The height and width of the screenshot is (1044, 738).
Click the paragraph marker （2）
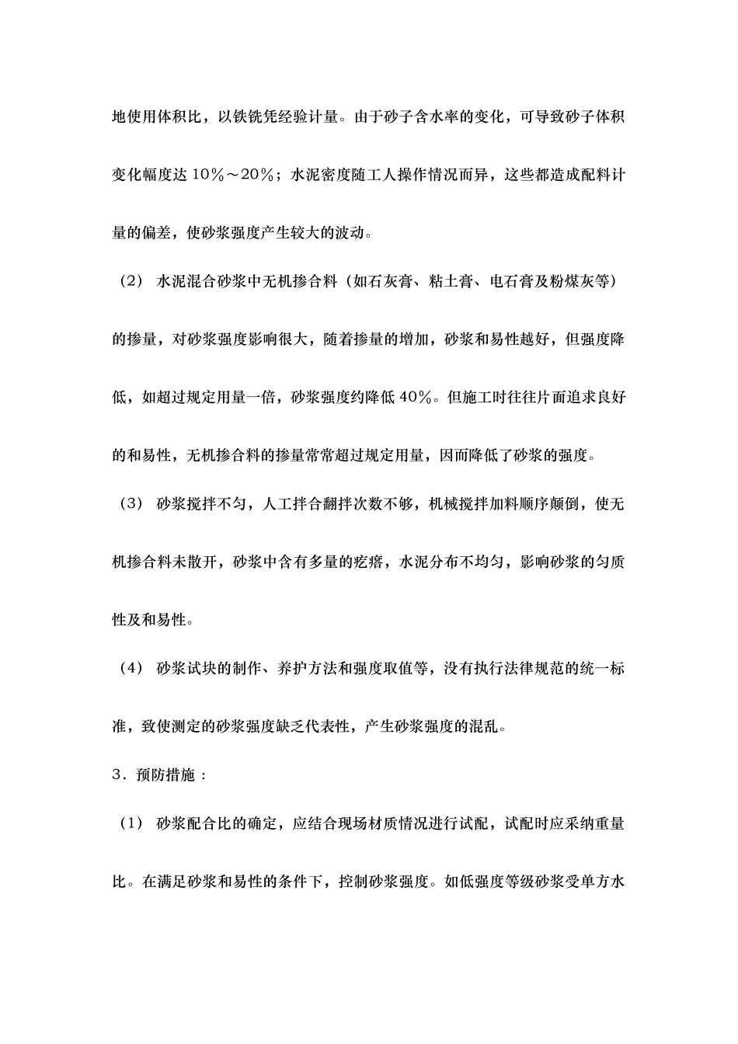[128, 282]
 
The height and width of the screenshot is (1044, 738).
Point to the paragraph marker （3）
[128, 503]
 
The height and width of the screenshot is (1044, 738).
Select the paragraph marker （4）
[128, 669]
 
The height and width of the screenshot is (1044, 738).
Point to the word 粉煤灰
[577, 282]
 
